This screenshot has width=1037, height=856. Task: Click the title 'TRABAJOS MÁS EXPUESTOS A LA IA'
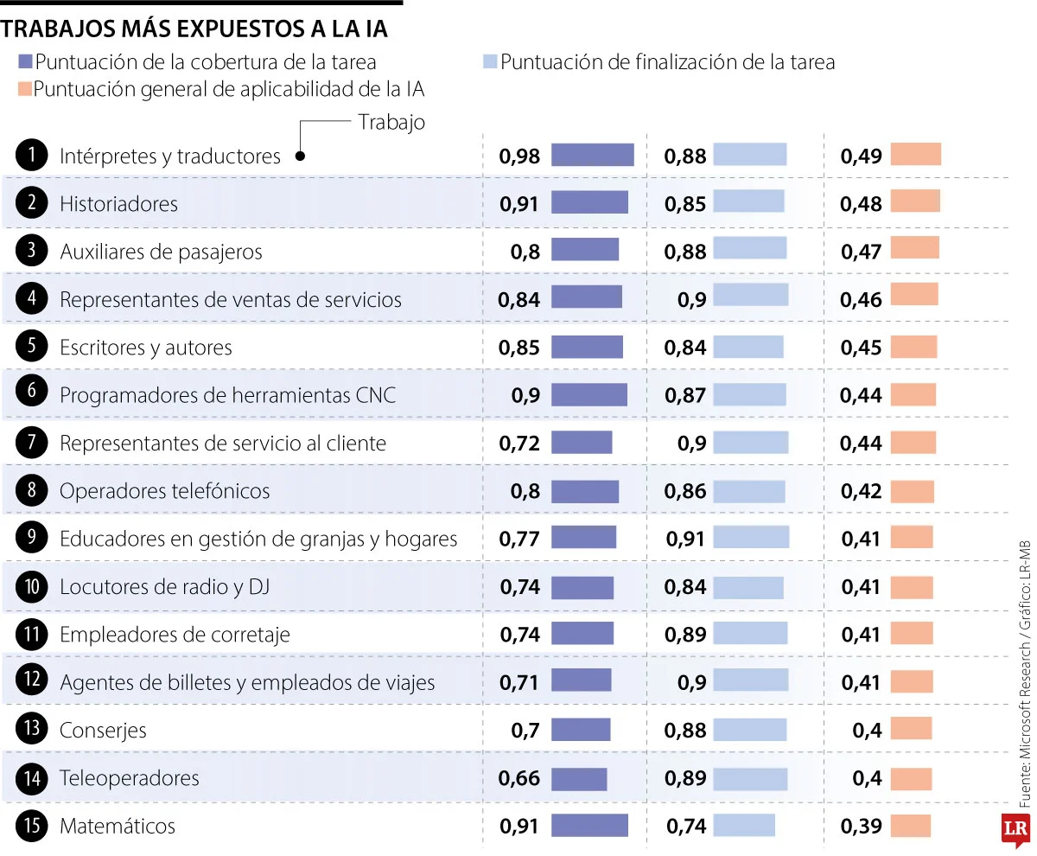point(194,29)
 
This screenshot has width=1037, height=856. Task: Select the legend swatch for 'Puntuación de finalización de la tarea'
point(490,62)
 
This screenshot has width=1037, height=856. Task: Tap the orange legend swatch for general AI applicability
point(24,89)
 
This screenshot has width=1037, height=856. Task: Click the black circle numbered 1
point(31,156)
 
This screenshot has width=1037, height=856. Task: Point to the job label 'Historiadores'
point(118,204)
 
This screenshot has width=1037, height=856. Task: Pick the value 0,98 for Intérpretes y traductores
point(519,156)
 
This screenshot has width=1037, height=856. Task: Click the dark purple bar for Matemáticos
point(589,825)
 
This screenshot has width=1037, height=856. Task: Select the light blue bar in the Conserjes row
point(749,729)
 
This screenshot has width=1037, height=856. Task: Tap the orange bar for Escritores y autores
point(913,347)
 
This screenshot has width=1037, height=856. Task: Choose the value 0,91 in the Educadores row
point(686,539)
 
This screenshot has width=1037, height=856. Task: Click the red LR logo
point(1015,828)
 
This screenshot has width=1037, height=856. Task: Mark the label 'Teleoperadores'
point(129,778)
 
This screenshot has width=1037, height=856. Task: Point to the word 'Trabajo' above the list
point(391,122)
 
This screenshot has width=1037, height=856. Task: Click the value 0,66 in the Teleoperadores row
point(519,778)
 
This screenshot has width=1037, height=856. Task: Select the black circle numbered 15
point(31,826)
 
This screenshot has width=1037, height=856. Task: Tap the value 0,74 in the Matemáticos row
point(686,826)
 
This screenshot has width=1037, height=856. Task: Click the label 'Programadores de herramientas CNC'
point(227,395)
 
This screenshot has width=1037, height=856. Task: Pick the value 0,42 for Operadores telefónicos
point(861,491)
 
